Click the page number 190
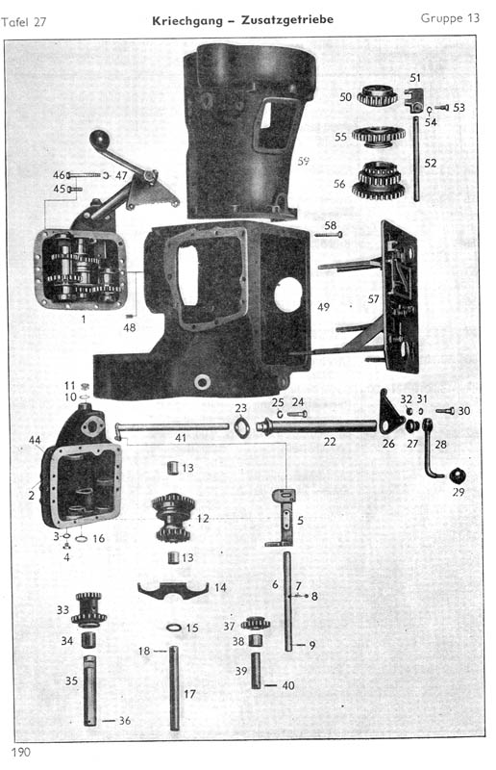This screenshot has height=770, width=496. [x=20, y=752]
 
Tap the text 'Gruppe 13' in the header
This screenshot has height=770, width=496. [x=450, y=18]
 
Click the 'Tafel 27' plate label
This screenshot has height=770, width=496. [x=23, y=22]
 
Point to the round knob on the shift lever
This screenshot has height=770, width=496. [x=99, y=138]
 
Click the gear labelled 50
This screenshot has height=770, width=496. [x=377, y=95]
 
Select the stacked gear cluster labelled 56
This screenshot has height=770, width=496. [x=379, y=180]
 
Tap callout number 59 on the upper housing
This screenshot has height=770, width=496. [x=303, y=161]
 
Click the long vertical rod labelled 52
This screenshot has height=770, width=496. [x=416, y=159]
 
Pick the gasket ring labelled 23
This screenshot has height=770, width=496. [x=242, y=425]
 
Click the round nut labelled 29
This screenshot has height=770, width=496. [x=456, y=475]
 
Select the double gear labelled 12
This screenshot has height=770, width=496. [x=173, y=517]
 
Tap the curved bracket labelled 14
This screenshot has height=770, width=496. [x=173, y=590]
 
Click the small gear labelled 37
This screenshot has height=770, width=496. [x=255, y=624]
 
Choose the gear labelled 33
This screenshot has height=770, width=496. [x=88, y=610]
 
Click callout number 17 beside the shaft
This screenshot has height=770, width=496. [x=189, y=694]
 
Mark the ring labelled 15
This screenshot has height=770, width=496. [x=174, y=628]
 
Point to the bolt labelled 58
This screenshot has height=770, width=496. [x=328, y=234]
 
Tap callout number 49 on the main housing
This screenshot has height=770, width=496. [x=323, y=307]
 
